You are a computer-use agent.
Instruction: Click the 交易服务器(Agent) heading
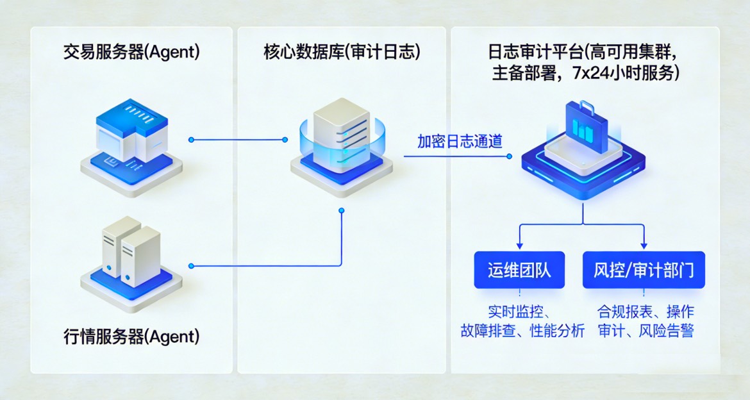(x=131, y=53)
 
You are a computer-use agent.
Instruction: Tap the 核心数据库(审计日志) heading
(x=342, y=53)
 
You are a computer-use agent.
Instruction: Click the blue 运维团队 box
(x=519, y=271)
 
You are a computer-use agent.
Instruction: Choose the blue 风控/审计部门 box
(x=644, y=271)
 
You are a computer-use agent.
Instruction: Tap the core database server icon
(x=341, y=144)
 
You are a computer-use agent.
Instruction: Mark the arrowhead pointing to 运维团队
(x=519, y=246)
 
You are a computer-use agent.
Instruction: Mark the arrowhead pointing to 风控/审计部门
(x=644, y=246)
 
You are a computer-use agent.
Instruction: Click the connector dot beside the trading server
(x=191, y=139)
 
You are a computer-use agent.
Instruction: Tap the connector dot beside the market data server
(x=191, y=265)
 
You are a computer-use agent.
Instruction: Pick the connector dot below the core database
(x=341, y=210)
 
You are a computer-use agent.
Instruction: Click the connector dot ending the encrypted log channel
(x=510, y=156)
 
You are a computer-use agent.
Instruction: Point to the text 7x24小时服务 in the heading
(x=629, y=73)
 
